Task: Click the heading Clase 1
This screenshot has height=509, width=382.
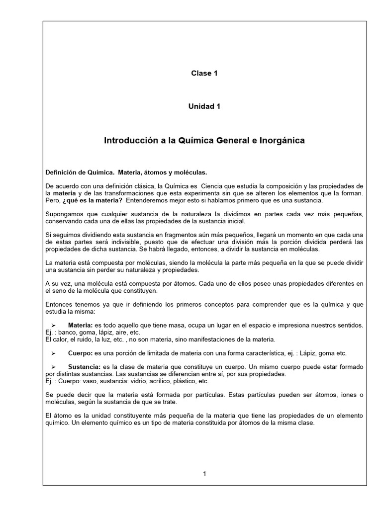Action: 204,74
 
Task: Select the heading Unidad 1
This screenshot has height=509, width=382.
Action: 204,106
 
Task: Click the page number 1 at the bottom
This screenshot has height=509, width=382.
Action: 204,474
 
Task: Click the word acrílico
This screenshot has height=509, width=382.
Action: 170,381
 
